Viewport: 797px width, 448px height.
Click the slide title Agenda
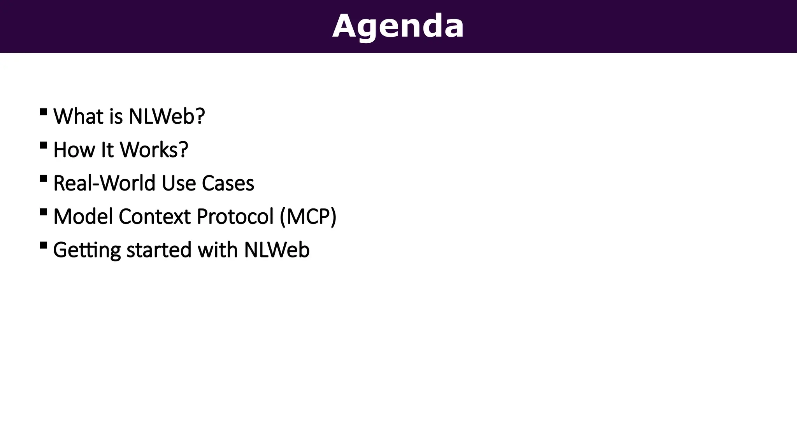(x=398, y=26)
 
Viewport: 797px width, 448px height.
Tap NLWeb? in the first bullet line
(x=167, y=116)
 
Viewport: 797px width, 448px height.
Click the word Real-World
(x=104, y=183)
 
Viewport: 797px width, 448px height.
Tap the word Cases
(x=228, y=183)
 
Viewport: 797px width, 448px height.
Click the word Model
(x=83, y=217)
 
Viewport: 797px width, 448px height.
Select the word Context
(x=154, y=217)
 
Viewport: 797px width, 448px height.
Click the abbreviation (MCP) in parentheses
(x=308, y=217)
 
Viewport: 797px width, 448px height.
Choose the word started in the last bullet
(x=159, y=250)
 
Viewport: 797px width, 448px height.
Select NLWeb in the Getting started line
(x=277, y=250)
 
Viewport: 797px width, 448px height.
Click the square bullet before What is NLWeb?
(x=43, y=112)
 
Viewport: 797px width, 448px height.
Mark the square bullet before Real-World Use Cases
(x=43, y=179)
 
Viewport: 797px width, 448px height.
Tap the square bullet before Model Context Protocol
(x=43, y=212)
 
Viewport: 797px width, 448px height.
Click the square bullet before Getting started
(x=43, y=246)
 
